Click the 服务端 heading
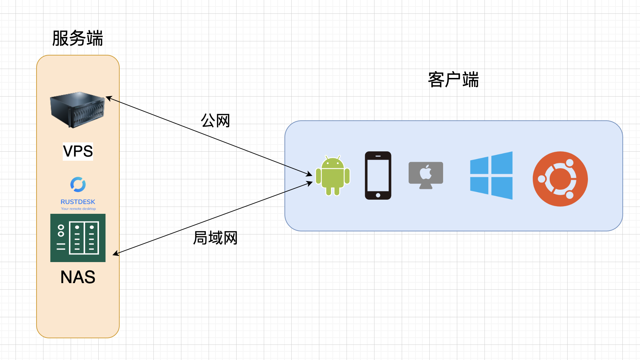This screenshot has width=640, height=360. pyautogui.click(x=78, y=38)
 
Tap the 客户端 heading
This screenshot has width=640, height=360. pyautogui.click(x=453, y=80)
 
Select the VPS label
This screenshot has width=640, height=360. pyautogui.click(x=78, y=151)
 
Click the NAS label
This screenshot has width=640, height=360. pyautogui.click(x=78, y=277)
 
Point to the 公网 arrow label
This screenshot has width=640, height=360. pyautogui.click(x=216, y=121)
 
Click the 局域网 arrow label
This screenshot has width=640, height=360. pyautogui.click(x=216, y=238)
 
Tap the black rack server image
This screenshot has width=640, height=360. pyautogui.click(x=78, y=110)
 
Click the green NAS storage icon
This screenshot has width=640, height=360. pyautogui.click(x=78, y=238)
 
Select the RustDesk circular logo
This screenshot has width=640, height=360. pyautogui.click(x=78, y=184)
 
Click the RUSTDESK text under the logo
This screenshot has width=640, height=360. pyautogui.click(x=78, y=202)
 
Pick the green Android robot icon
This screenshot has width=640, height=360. pyautogui.click(x=333, y=176)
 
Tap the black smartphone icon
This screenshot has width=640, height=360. pyautogui.click(x=378, y=175)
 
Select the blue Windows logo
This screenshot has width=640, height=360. pyautogui.click(x=491, y=175)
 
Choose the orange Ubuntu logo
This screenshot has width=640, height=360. pyautogui.click(x=560, y=179)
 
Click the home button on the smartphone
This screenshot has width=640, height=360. pyautogui.click(x=378, y=195)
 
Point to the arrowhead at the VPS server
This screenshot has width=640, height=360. pyautogui.click(x=107, y=98)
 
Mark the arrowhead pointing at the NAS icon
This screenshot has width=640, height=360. pyautogui.click(x=115, y=254)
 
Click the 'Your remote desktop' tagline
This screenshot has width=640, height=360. pyautogui.click(x=78, y=209)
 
